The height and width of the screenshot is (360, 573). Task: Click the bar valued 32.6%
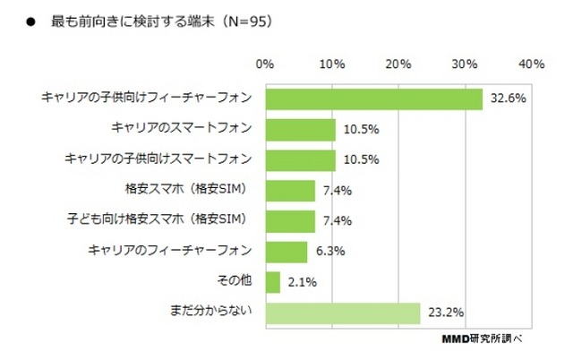373,98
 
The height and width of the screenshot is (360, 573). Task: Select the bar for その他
272,281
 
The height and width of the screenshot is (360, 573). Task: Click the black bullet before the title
30,21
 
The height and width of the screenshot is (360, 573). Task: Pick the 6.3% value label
327,251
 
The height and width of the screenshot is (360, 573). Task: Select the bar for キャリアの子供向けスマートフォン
300,159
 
